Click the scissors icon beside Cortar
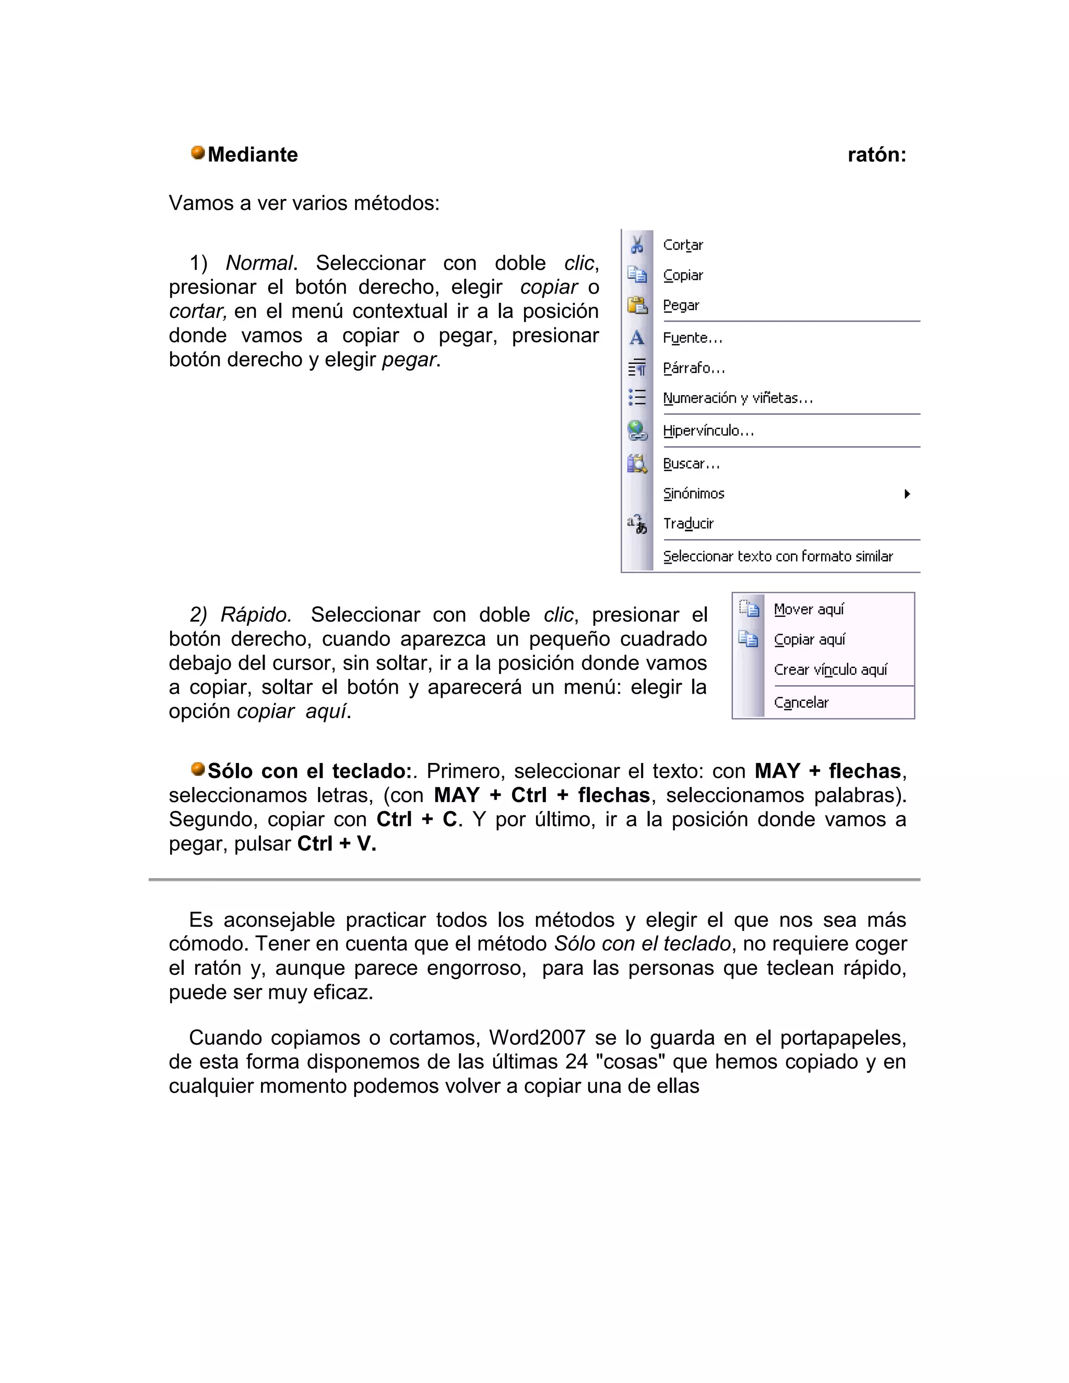pos(637,244)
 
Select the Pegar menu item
pos(681,306)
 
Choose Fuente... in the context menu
pos(692,338)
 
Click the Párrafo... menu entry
pos(694,368)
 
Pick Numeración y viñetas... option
pos(738,398)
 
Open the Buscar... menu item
pos(691,464)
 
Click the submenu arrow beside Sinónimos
pos(907,494)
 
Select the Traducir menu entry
pos(688,523)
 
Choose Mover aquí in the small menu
pos(809,609)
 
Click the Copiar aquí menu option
pos(810,640)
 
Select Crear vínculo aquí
pos(830,670)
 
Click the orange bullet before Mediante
pos(198,152)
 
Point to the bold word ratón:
pos(876,155)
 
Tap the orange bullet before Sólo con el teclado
pos(198,769)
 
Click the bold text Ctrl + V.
pos(336,844)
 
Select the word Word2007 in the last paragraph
pos(537,1038)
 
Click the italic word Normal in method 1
pos(259,263)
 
